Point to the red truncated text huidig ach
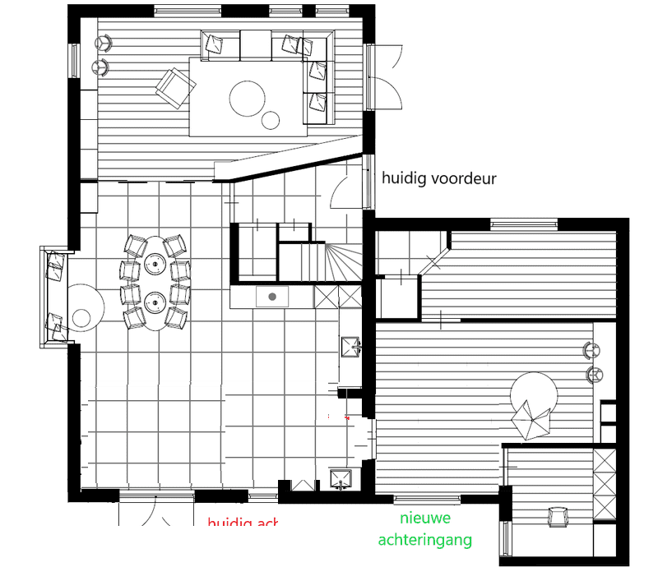coord(243,524)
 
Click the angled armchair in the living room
coord(174,86)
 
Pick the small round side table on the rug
coord(272,121)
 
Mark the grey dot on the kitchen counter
coord(271,296)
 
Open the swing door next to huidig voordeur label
coord(345,190)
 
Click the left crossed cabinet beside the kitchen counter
coord(327,296)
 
